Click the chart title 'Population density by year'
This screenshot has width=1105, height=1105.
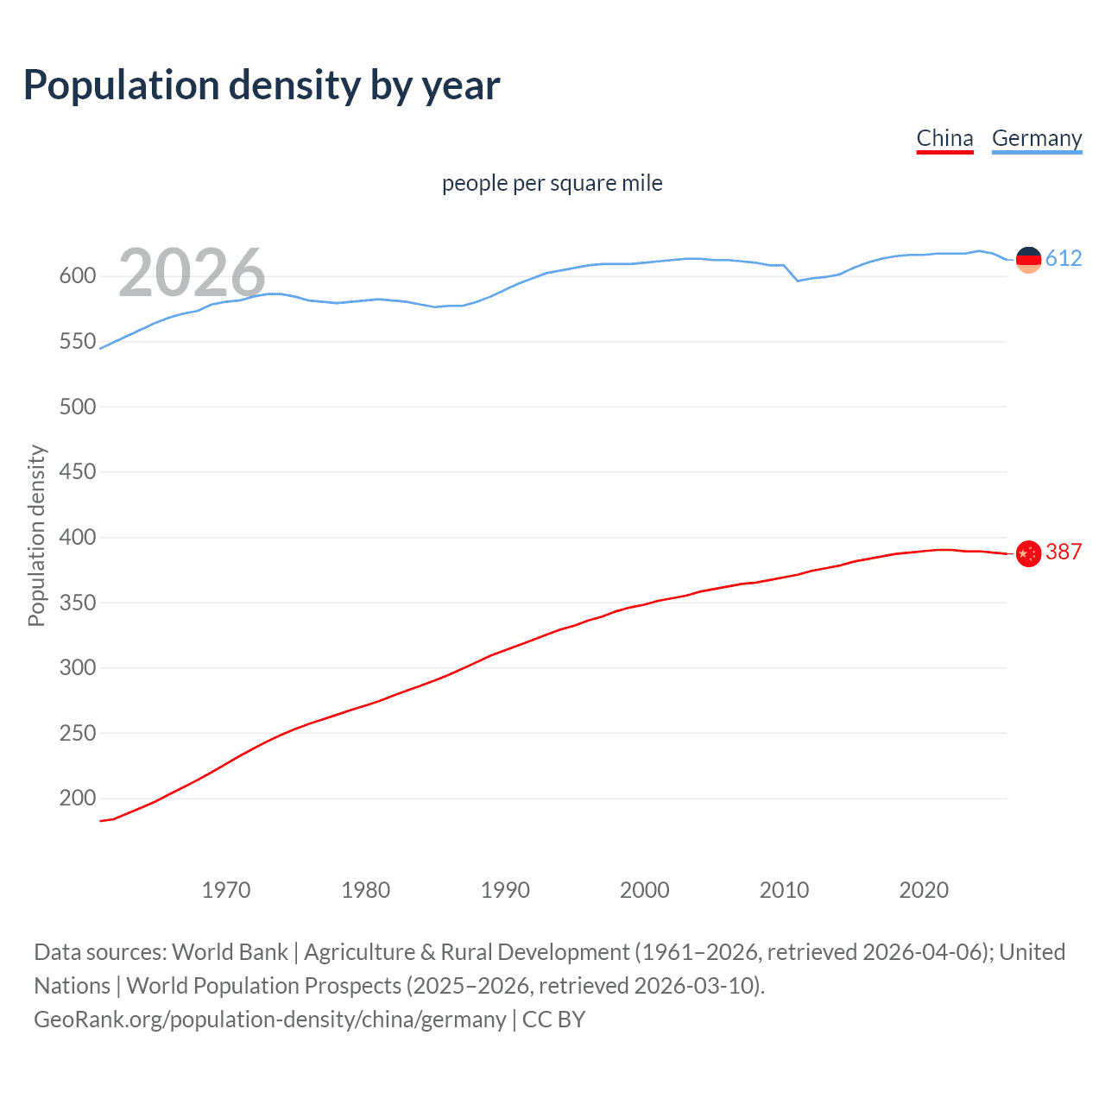click(262, 85)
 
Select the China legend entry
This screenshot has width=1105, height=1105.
click(944, 138)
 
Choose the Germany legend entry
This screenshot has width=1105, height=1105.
click(1036, 138)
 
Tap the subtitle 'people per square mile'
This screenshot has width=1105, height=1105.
click(552, 183)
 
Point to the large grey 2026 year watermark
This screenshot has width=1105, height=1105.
click(192, 273)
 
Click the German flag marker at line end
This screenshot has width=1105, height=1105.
click(1028, 259)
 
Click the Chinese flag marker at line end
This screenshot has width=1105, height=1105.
click(1028, 553)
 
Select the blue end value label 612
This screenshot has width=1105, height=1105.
click(1064, 259)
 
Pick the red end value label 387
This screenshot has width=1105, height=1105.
click(1064, 552)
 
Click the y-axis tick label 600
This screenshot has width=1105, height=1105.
click(77, 276)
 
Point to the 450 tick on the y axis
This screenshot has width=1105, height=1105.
click(77, 472)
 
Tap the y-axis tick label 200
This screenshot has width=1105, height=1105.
click(77, 799)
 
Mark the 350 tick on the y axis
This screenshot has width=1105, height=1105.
click(77, 603)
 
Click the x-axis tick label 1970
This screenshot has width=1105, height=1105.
click(226, 890)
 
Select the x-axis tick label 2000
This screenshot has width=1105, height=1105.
click(644, 890)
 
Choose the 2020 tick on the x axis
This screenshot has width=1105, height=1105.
click(924, 890)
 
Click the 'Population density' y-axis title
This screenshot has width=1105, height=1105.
click(36, 535)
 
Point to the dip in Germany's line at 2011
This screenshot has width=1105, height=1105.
click(798, 281)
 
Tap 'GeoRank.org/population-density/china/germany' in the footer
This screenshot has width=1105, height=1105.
click(270, 1020)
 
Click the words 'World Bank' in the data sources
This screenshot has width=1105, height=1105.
click(230, 952)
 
